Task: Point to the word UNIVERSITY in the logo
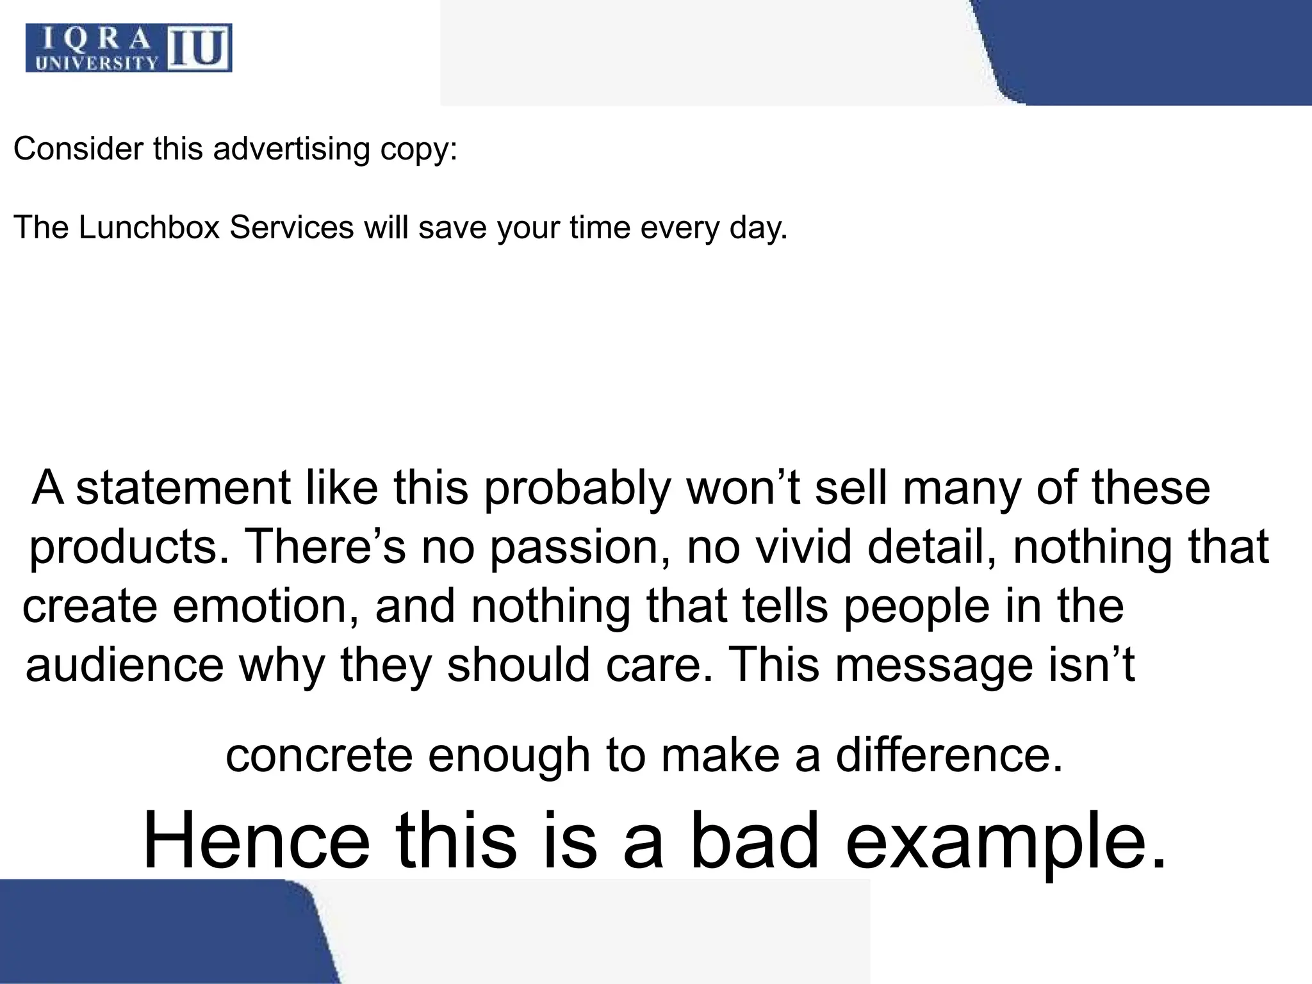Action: coord(96,63)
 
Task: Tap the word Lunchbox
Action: coord(149,227)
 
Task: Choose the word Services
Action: coord(291,227)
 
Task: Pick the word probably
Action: coord(577,488)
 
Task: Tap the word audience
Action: coord(124,666)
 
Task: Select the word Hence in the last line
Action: coord(256,840)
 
